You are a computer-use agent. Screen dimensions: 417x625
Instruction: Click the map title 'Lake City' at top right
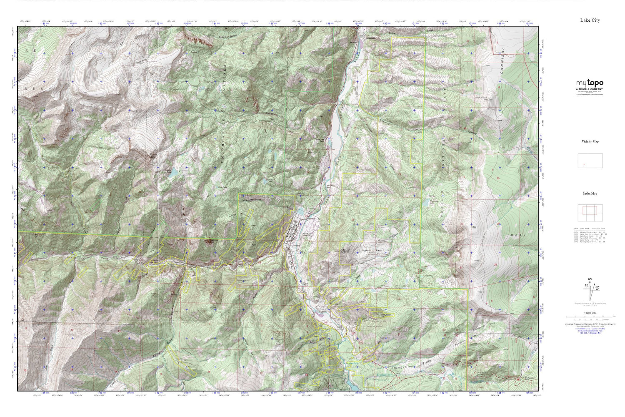click(x=590, y=20)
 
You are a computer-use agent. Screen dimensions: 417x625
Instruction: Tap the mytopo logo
click(x=590, y=83)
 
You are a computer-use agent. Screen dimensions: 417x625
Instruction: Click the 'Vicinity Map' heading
click(x=590, y=141)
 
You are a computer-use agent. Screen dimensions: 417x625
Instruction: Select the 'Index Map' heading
click(x=590, y=193)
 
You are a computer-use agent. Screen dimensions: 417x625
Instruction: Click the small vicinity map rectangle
click(x=590, y=161)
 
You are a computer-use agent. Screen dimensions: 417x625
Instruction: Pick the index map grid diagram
click(x=590, y=214)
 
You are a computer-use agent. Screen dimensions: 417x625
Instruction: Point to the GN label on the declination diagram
click(x=589, y=279)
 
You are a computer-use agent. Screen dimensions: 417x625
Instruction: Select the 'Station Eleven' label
click(x=346, y=251)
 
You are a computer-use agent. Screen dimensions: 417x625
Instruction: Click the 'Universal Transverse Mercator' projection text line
click(x=590, y=324)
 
